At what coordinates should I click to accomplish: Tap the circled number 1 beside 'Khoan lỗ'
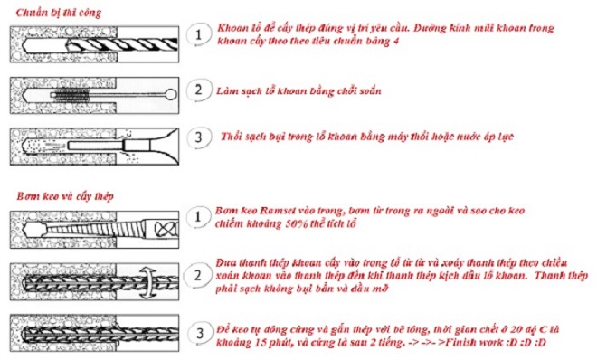[194, 35]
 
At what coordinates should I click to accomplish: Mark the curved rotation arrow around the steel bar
[148, 276]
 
